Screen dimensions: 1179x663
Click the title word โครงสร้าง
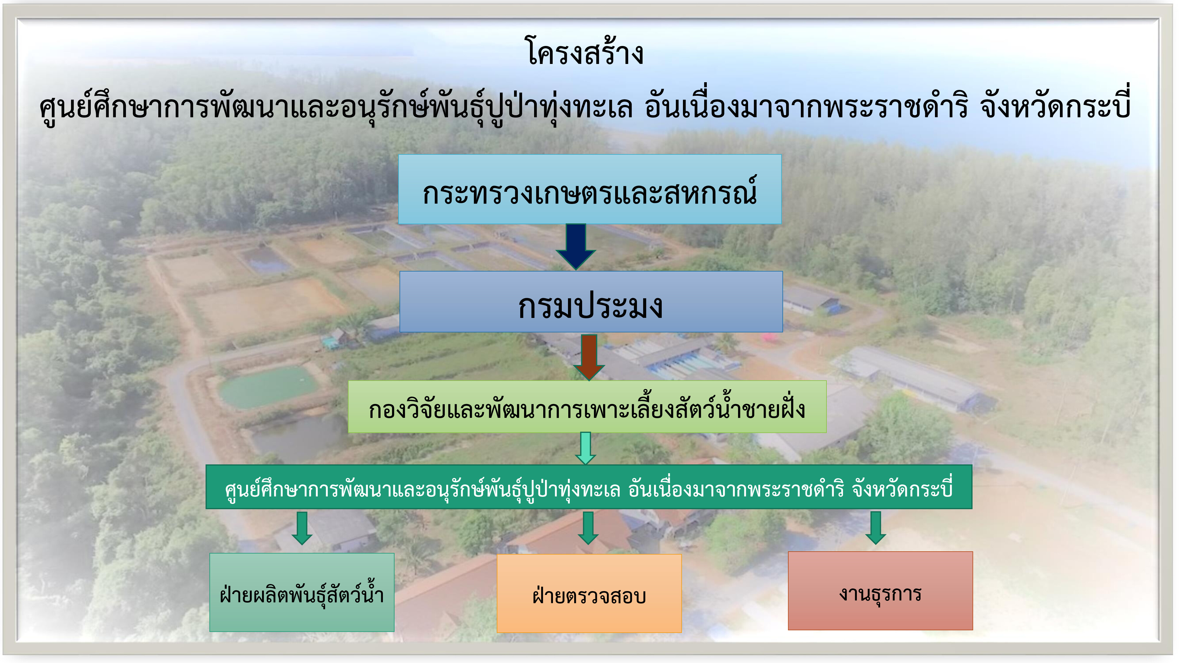(585, 52)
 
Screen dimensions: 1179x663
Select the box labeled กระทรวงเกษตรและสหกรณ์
(589, 189)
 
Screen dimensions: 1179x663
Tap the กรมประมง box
(591, 301)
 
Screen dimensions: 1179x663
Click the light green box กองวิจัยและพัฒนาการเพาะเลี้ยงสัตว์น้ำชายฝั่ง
(587, 406)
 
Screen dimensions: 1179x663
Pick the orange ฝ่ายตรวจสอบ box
(589, 593)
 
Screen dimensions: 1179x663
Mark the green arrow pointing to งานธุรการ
(875, 527)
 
